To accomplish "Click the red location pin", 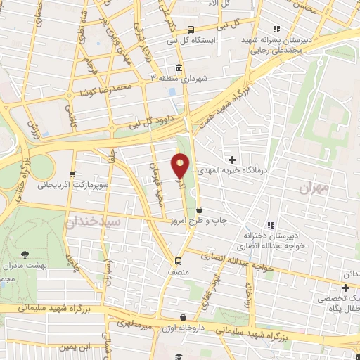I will pos(181,167).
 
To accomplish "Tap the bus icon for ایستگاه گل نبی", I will pos(191,30).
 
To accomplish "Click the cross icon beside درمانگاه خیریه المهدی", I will pos(233,160).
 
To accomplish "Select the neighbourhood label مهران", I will pos(314,188).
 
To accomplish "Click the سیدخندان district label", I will pos(95,221).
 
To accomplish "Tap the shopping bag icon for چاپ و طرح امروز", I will pos(200,210).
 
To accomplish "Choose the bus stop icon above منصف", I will pos(179,257).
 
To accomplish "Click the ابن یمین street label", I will pos(75,347).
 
